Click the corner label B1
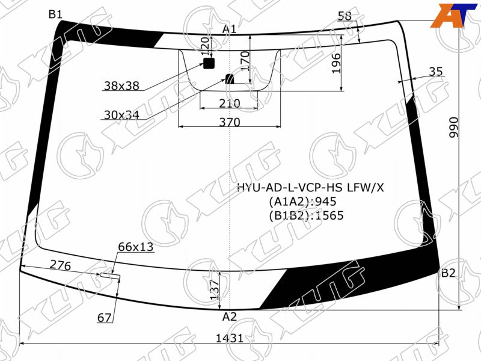(x=55, y=14)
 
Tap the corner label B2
(x=448, y=273)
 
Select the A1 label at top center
(x=229, y=29)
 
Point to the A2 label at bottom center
(x=230, y=316)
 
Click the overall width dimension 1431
(x=230, y=338)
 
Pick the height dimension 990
(x=453, y=127)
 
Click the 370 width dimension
(x=230, y=122)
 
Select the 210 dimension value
(x=230, y=103)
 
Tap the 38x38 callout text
(x=122, y=85)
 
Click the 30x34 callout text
(x=122, y=115)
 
